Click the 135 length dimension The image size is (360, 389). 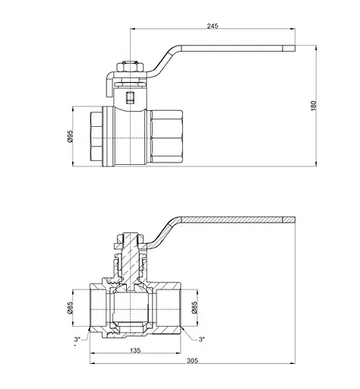click(x=136, y=351)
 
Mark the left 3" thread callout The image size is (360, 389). click(x=78, y=339)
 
